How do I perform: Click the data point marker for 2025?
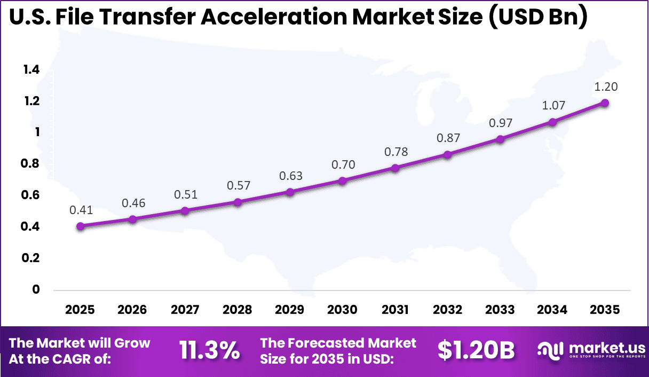click(81, 226)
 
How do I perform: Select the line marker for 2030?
click(343, 181)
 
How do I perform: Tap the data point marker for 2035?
click(605, 103)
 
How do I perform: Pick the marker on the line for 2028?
click(238, 202)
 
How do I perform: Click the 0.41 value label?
click(81, 210)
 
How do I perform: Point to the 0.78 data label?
click(395, 152)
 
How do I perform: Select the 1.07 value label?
click(553, 106)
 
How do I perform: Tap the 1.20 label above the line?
click(605, 87)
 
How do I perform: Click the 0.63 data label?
click(290, 176)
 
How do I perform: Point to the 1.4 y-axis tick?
click(31, 69)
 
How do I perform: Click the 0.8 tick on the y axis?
click(31, 164)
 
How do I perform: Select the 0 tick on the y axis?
click(36, 289)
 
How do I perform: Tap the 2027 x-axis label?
click(185, 310)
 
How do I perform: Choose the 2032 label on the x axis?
click(447, 310)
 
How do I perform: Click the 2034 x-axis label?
click(552, 310)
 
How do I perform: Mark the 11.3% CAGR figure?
click(209, 351)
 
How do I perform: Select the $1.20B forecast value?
click(476, 351)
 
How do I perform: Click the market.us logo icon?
click(550, 350)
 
